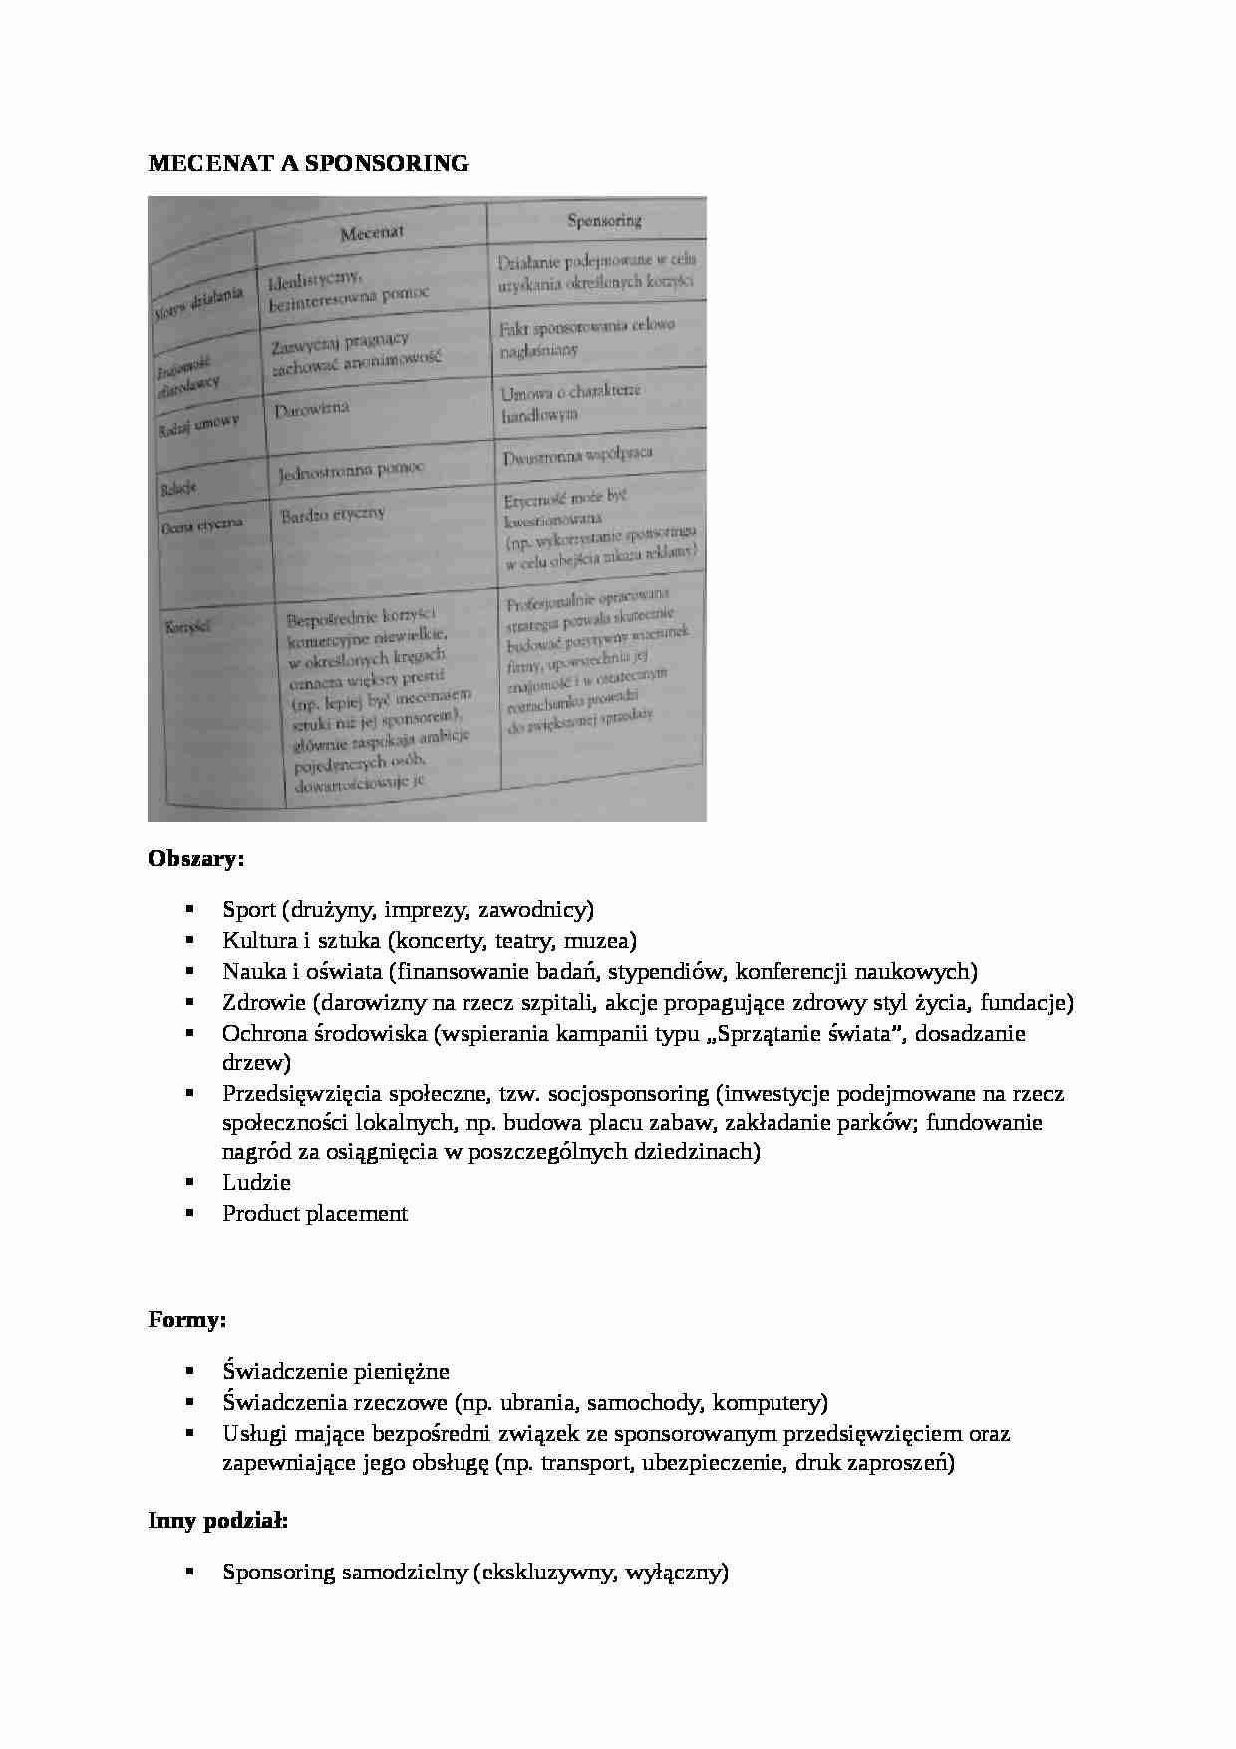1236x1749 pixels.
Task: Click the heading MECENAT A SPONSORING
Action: [x=308, y=163]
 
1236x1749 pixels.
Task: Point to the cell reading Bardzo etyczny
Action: [x=333, y=515]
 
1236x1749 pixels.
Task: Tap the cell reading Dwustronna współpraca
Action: [x=577, y=455]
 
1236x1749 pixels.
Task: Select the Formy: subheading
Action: [x=187, y=1319]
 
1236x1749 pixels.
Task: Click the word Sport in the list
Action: [x=248, y=909]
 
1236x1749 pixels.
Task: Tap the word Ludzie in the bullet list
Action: [x=256, y=1182]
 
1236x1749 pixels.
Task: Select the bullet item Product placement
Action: [x=315, y=1213]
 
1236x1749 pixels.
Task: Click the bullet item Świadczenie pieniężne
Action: [x=336, y=1372]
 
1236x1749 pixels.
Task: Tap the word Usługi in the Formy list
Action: [x=251, y=1433]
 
